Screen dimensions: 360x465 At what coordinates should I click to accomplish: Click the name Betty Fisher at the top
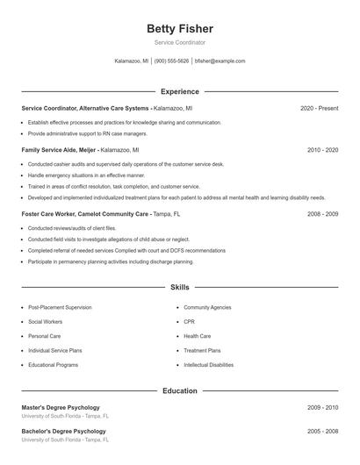[180, 29]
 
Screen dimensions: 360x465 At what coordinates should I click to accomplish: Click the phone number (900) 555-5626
[171, 61]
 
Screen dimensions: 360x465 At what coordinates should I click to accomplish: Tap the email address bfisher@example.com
[220, 61]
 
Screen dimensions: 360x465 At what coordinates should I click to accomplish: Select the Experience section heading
[180, 91]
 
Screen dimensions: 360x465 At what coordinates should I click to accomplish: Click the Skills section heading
[180, 287]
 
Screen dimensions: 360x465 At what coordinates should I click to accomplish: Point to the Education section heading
[180, 390]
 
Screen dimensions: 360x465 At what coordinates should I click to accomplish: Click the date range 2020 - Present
[319, 108]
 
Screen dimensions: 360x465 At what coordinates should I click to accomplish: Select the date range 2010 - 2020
[322, 150]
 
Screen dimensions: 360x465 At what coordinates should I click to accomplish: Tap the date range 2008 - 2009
[322, 213]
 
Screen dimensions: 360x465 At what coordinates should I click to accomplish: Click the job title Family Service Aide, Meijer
[60, 150]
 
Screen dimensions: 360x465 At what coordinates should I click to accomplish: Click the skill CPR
[189, 322]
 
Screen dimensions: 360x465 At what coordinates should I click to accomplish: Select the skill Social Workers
[46, 322]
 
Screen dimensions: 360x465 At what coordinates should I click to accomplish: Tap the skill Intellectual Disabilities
[208, 364]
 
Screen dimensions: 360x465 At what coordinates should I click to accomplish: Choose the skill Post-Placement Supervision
[60, 308]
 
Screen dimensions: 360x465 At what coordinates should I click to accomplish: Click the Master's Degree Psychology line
[61, 407]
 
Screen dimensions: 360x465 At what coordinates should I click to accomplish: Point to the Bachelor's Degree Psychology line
[63, 432]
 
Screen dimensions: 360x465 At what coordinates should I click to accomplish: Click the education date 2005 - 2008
[322, 432]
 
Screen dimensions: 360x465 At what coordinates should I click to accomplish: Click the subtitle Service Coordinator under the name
[180, 42]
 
